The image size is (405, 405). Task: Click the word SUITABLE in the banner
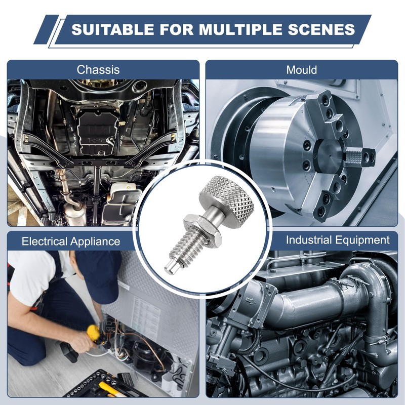[113, 29]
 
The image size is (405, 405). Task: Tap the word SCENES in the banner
[321, 29]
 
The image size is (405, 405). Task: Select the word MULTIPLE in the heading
[241, 29]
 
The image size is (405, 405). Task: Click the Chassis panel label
[98, 70]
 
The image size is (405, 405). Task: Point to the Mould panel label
[301, 70]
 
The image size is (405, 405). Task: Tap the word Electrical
[44, 241]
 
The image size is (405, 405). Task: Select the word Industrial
[308, 240]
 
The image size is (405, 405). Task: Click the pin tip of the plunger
[171, 267]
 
